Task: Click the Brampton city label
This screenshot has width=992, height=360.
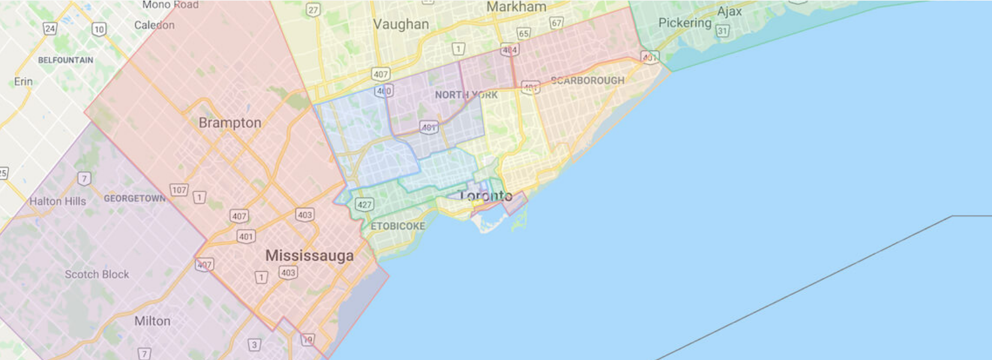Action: tap(230, 123)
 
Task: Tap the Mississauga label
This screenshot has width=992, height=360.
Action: tap(309, 256)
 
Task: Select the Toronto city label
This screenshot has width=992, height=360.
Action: tap(485, 196)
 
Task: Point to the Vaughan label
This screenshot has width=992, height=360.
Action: tap(401, 25)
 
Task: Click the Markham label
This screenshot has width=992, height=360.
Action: tap(516, 7)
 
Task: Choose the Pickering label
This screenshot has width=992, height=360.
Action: tap(685, 23)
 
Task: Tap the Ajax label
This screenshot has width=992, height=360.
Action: tap(729, 11)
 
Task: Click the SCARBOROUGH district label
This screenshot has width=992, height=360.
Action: tap(588, 80)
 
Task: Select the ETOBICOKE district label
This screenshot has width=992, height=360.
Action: tap(398, 226)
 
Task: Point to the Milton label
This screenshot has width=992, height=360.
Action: tap(152, 321)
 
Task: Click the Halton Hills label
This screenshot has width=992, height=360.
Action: tap(58, 202)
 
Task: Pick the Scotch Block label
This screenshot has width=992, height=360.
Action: tap(97, 274)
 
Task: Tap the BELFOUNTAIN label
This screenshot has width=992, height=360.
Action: tap(65, 60)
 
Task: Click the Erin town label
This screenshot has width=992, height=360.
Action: tap(23, 82)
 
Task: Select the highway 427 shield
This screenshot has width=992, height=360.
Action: tap(364, 205)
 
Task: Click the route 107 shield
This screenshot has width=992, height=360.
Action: tap(179, 190)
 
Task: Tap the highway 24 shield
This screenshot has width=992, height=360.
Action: tap(50, 28)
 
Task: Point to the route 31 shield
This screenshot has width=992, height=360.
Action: tap(723, 31)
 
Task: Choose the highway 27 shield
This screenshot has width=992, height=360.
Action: tap(313, 10)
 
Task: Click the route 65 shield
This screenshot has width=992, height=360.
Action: tap(523, 34)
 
